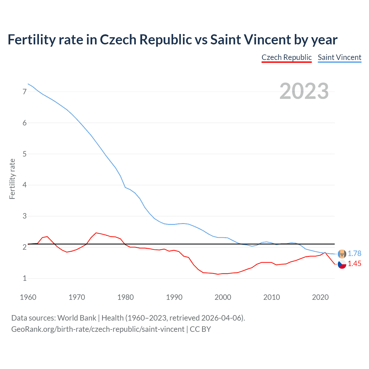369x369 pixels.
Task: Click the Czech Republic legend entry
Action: coord(287,57)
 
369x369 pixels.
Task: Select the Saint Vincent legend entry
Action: coord(339,57)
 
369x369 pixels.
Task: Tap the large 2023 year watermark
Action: coord(304,91)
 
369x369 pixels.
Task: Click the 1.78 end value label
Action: coord(354,253)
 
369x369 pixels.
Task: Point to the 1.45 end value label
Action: coord(354,263)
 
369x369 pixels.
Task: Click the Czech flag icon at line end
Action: coord(342,264)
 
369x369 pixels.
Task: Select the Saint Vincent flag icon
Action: coord(342,254)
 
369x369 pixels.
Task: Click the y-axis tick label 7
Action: coord(25,92)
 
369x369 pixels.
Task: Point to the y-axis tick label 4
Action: coord(25,185)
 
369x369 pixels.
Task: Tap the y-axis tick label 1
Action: coord(25,278)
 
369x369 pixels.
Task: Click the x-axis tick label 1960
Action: coord(28,297)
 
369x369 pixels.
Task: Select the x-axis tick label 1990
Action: coord(174,297)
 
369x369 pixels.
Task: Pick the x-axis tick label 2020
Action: coord(320,297)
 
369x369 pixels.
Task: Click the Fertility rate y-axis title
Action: coord(12,179)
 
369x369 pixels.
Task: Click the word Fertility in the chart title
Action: coord(31,39)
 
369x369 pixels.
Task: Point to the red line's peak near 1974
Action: coord(96,233)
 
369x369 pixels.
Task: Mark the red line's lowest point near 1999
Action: coord(218,274)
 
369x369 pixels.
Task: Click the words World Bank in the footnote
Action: coord(77,318)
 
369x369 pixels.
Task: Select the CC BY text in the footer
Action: coord(200,329)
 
